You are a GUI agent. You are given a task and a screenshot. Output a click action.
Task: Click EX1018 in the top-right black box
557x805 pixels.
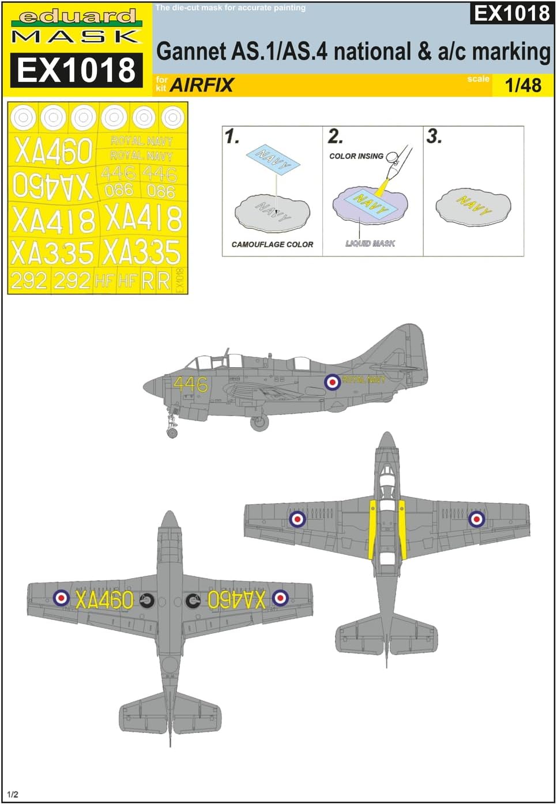click(x=512, y=13)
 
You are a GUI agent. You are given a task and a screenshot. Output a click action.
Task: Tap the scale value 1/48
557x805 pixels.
click(x=523, y=85)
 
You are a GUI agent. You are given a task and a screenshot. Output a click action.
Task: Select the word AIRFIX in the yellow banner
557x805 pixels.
click(x=202, y=85)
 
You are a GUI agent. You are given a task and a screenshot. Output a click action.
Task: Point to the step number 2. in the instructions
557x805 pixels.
click(x=335, y=137)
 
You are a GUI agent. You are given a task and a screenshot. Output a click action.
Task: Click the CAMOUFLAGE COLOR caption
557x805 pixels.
click(x=272, y=244)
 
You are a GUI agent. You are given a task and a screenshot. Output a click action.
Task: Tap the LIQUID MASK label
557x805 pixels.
click(x=370, y=244)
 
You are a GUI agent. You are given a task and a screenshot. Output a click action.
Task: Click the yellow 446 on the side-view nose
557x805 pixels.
click(x=190, y=384)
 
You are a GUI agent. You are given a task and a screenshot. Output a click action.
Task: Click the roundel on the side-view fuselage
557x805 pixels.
click(x=332, y=381)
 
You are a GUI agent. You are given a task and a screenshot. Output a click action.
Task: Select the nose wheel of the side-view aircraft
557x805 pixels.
click(x=172, y=433)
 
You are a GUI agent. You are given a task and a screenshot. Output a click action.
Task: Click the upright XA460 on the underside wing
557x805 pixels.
click(x=104, y=600)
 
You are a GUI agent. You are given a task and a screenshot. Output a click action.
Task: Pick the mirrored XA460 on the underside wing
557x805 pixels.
click(x=236, y=600)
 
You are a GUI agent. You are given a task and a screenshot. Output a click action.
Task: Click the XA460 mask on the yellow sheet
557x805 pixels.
click(x=54, y=152)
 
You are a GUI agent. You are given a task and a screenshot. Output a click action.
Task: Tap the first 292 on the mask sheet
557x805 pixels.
click(x=29, y=281)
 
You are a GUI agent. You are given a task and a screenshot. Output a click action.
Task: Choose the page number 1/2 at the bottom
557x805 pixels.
click(x=13, y=794)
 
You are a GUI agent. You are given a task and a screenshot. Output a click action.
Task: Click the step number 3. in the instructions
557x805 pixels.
click(x=434, y=137)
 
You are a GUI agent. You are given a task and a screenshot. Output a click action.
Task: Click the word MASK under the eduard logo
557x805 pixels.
click(x=76, y=37)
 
